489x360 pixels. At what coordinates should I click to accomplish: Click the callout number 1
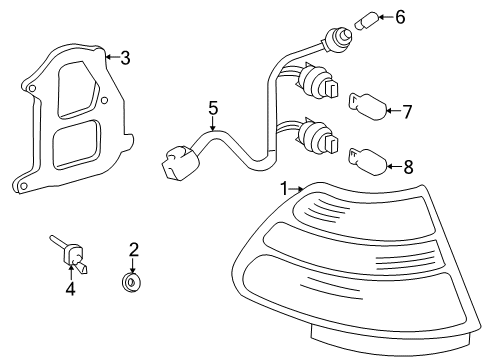[284, 189]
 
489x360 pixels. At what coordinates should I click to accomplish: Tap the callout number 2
[134, 250]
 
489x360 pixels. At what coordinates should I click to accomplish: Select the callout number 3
[125, 58]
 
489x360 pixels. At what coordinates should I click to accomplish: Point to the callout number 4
[70, 289]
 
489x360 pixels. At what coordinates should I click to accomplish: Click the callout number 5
[213, 108]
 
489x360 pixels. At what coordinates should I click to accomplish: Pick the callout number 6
[400, 17]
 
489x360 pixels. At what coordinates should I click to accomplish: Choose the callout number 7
[407, 112]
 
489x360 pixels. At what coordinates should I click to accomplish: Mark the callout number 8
[408, 167]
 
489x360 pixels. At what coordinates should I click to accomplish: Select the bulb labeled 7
[368, 107]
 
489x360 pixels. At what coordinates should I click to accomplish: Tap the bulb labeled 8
[368, 162]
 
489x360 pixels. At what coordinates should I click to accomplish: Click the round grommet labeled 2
[131, 283]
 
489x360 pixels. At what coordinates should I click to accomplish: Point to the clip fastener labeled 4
[72, 255]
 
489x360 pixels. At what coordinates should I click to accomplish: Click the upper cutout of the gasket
[79, 89]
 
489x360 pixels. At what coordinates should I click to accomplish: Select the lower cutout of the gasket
[76, 143]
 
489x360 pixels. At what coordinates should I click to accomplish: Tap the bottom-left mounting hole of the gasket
[23, 186]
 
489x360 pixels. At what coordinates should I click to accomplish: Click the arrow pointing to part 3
[113, 57]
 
